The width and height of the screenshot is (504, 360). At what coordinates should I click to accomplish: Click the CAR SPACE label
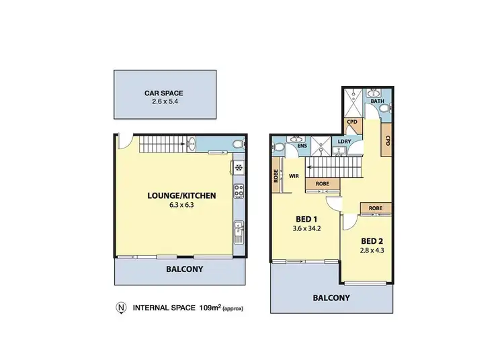click(165, 93)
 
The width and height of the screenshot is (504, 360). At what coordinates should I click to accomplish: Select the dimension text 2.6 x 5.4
click(165, 103)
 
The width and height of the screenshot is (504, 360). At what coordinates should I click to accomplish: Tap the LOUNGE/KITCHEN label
click(181, 196)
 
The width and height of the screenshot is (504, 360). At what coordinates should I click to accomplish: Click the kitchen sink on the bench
click(238, 232)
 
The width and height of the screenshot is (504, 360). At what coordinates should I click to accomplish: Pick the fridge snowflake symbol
click(238, 168)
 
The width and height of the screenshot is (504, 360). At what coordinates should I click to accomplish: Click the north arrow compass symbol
click(121, 308)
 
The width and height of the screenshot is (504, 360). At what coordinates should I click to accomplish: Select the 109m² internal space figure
click(212, 308)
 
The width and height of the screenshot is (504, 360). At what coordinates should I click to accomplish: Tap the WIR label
click(294, 176)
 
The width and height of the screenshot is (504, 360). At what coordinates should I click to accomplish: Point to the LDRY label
click(345, 142)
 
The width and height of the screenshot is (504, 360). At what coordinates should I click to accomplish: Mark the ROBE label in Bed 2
click(376, 208)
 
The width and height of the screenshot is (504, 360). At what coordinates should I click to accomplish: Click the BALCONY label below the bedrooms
click(331, 298)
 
